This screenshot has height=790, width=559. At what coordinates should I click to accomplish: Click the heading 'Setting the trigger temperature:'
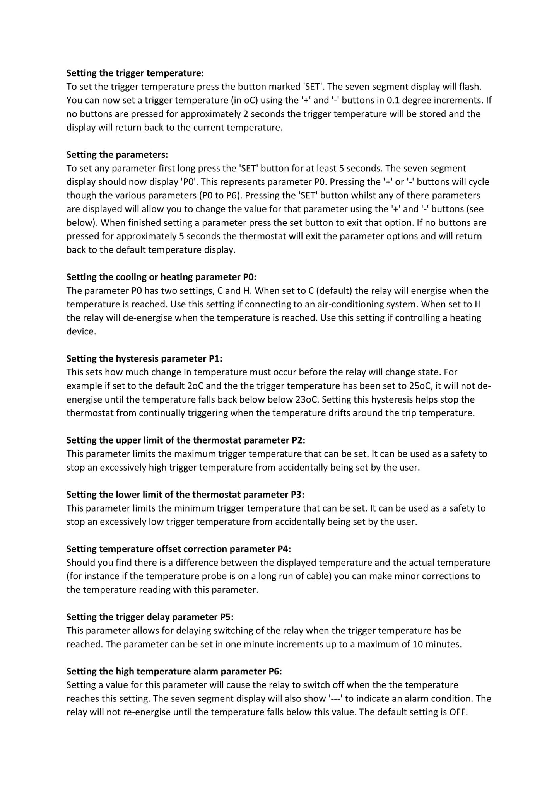tap(135, 73)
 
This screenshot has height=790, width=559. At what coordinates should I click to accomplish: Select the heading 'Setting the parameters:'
tap(117, 155)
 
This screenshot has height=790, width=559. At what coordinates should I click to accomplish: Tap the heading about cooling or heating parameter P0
tap(161, 277)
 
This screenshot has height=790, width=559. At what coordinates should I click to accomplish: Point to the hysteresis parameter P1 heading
tap(144, 358)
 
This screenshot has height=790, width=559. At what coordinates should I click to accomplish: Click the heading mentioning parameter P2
tap(186, 440)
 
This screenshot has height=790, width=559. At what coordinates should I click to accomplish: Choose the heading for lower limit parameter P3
tap(185, 495)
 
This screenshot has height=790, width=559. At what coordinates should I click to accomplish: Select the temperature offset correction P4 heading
tap(179, 549)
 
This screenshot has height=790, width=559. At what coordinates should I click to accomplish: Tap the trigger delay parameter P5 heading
tap(150, 617)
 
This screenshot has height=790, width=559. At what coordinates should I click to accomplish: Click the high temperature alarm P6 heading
tap(174, 671)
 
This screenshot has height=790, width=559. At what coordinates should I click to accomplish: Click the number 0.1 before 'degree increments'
tap(393, 100)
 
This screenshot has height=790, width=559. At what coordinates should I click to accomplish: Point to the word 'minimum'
tap(194, 508)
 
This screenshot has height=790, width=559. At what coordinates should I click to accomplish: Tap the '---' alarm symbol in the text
tap(335, 699)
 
